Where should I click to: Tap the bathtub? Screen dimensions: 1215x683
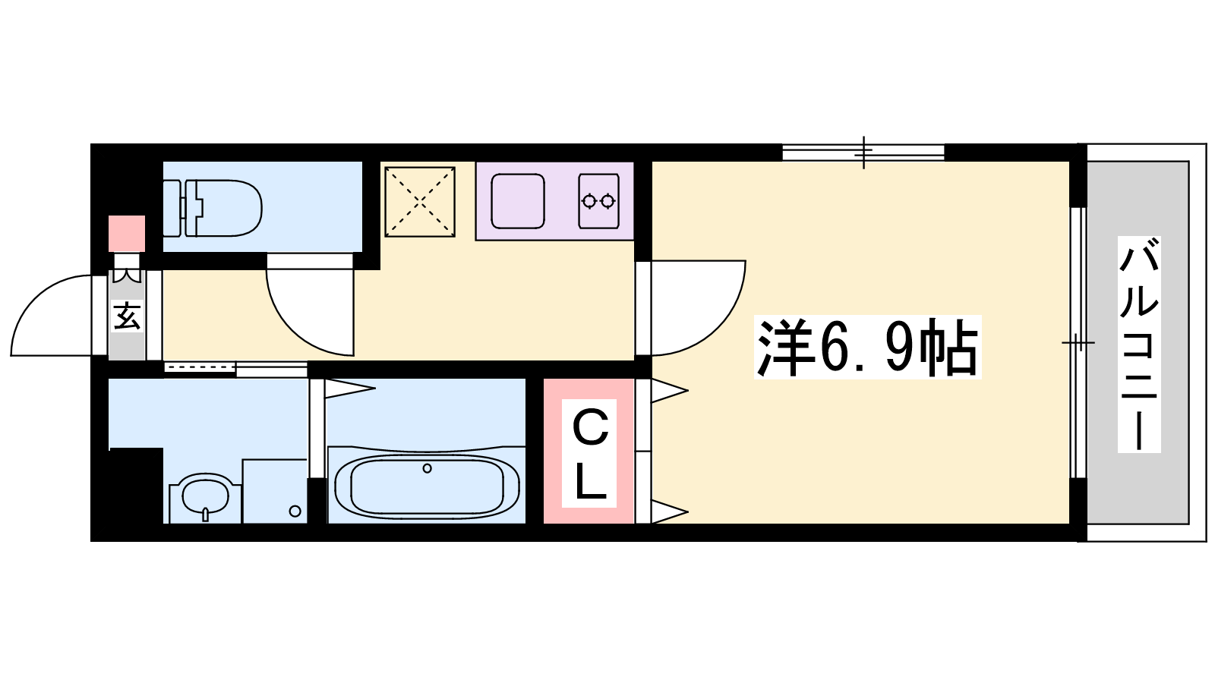(427, 485)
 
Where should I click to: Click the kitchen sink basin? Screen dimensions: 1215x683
(517, 201)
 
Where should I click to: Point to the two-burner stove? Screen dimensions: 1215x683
(599, 201)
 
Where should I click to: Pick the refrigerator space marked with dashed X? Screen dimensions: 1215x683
(420, 202)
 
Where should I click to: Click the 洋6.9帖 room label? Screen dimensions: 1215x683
(867, 347)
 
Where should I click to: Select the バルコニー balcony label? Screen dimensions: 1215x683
(1139, 345)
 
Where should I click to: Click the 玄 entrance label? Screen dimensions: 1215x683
(128, 316)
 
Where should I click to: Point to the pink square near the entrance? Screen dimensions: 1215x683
(127, 234)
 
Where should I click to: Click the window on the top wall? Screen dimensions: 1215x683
(863, 153)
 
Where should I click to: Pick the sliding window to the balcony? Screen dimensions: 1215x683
(1078, 342)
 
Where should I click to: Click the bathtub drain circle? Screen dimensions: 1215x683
(427, 468)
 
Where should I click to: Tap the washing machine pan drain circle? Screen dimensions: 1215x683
(295, 511)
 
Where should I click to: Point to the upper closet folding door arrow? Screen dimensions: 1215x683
(670, 390)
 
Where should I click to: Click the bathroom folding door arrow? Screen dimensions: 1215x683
(350, 388)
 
